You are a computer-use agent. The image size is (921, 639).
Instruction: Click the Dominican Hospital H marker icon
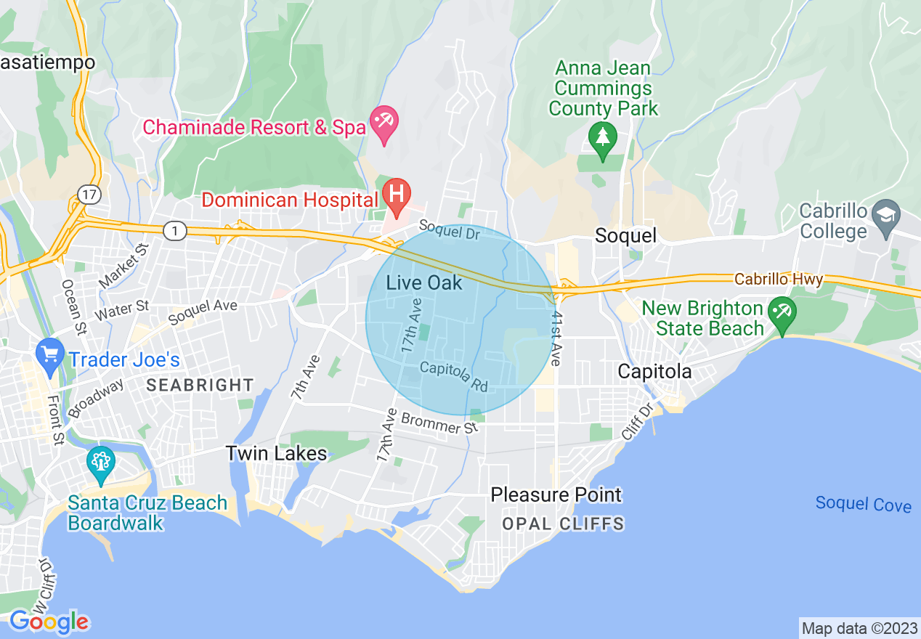pyautogui.click(x=397, y=195)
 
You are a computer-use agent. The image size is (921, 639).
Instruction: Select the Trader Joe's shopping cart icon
pyautogui.click(x=49, y=355)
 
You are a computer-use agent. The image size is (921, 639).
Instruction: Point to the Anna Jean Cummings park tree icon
pyautogui.click(x=602, y=138)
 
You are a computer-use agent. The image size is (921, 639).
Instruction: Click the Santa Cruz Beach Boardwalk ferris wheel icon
pyautogui.click(x=101, y=462)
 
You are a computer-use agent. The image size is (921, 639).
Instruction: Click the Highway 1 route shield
pyautogui.click(x=174, y=231)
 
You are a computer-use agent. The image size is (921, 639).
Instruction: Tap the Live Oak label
pyautogui.click(x=424, y=283)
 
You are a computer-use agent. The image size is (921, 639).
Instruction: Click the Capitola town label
pyautogui.click(x=654, y=371)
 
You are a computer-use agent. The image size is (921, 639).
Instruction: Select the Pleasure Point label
pyautogui.click(x=556, y=495)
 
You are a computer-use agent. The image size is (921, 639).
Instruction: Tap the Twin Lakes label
pyautogui.click(x=276, y=454)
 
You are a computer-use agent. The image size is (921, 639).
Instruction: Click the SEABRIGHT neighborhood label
pyautogui.click(x=200, y=386)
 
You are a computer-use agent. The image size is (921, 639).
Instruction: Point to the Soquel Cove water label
pyautogui.click(x=863, y=503)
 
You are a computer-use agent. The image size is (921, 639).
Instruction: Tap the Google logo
pyautogui.click(x=49, y=622)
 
